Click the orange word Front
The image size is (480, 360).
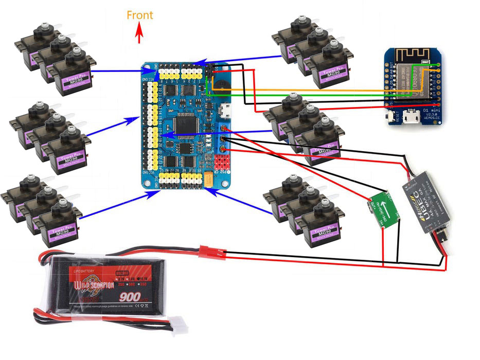(140, 15)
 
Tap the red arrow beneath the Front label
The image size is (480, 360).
(139, 34)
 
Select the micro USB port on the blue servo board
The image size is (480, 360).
(225, 110)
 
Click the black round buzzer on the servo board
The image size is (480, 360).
(220, 85)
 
